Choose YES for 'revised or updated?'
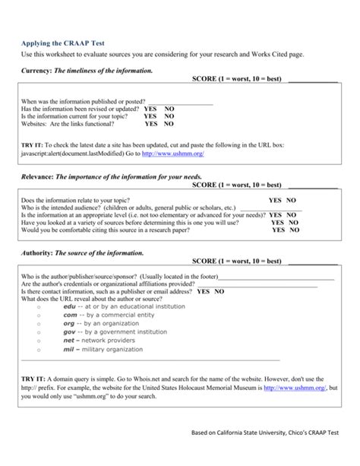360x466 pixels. [150, 109]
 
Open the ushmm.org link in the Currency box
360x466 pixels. [172, 153]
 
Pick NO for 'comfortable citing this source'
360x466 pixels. [293, 230]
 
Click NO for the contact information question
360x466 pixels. [219, 291]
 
